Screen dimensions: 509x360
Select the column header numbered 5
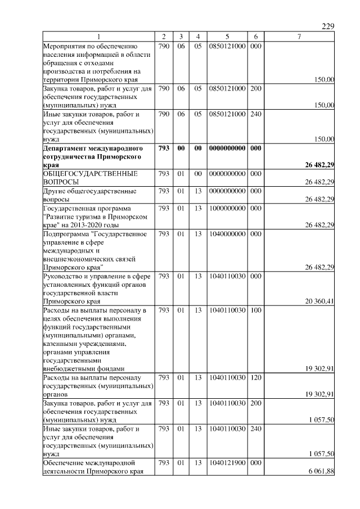click(x=227, y=37)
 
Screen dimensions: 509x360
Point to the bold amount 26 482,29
click(x=316, y=165)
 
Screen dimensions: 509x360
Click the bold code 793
click(x=164, y=148)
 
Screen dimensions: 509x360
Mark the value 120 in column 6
click(x=255, y=377)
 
